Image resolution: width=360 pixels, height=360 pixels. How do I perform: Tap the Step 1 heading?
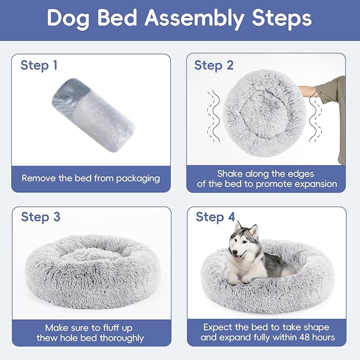pyautogui.click(x=39, y=66)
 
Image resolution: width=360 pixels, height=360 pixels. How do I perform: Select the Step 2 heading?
pyautogui.click(x=214, y=66)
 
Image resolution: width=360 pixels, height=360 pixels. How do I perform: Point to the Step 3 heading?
pyautogui.click(x=40, y=217)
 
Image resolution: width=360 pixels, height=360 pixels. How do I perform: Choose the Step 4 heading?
pyautogui.click(x=215, y=217)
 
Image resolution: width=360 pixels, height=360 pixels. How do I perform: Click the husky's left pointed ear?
pyautogui.click(x=239, y=226)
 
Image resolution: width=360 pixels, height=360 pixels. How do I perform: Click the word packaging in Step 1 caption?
pyautogui.click(x=134, y=178)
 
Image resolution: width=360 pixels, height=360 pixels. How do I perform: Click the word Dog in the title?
pyautogui.click(x=66, y=19)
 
